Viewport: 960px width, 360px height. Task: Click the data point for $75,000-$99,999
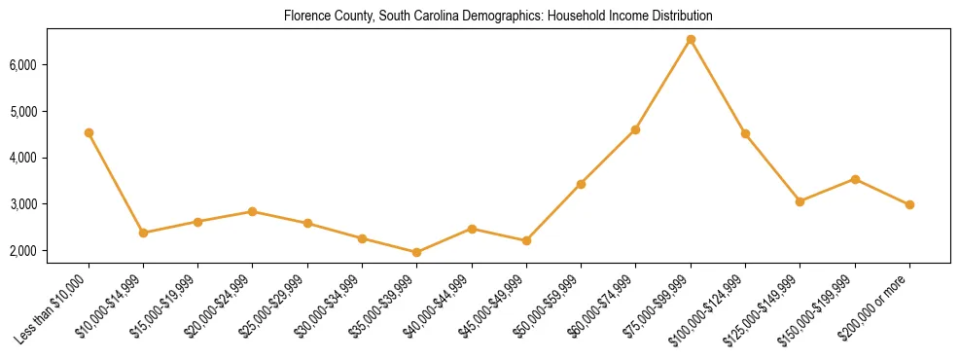pyautogui.click(x=691, y=40)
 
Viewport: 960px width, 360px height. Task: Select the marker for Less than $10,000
pyautogui.click(x=89, y=132)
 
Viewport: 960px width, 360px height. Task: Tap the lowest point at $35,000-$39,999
pyautogui.click(x=417, y=252)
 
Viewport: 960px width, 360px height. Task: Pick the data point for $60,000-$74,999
pyautogui.click(x=636, y=129)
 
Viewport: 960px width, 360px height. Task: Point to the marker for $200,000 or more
pyautogui.click(x=909, y=204)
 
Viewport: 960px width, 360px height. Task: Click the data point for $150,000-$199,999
pyautogui.click(x=855, y=179)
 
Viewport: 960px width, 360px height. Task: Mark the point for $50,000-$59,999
pyautogui.click(x=581, y=184)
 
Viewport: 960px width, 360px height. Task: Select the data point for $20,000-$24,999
pyautogui.click(x=253, y=211)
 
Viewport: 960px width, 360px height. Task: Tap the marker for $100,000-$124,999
pyautogui.click(x=745, y=133)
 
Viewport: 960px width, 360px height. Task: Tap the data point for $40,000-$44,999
pyautogui.click(x=472, y=229)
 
